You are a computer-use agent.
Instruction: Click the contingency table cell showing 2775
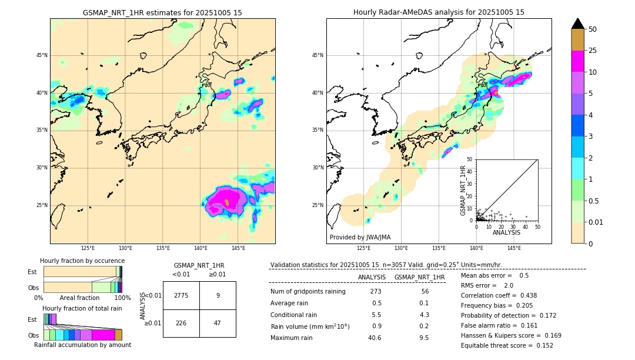(181, 295)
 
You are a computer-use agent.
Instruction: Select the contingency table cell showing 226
(181, 322)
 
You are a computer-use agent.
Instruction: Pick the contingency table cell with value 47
(218, 322)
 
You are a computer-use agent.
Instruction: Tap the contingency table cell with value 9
(218, 295)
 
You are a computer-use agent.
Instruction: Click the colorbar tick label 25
(593, 51)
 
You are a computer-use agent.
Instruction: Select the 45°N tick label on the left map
(42, 56)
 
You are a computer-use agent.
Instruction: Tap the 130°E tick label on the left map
(125, 249)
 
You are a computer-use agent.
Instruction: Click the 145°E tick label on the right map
(514, 249)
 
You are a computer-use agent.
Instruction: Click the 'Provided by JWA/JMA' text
(360, 238)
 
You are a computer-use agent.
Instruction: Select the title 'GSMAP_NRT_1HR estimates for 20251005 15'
(162, 12)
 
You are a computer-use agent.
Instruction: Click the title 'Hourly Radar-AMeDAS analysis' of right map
(439, 12)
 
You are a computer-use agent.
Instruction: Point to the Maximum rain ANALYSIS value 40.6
(375, 338)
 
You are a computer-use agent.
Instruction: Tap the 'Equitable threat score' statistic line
(507, 346)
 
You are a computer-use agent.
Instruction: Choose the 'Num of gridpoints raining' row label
(308, 292)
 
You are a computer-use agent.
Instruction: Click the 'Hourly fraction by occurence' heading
(82, 261)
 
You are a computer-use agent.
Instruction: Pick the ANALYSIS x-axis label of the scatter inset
(506, 233)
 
